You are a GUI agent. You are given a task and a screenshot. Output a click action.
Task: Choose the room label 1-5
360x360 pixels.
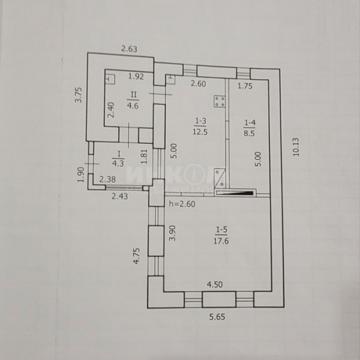point(221,229)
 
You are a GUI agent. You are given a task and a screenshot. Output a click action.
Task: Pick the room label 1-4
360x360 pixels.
point(250,124)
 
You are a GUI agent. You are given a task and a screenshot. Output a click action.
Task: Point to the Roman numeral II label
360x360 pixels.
point(135,95)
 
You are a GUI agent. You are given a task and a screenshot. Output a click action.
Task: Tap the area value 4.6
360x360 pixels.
point(133,105)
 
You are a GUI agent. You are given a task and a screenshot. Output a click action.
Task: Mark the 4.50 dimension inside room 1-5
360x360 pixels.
point(215,286)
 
